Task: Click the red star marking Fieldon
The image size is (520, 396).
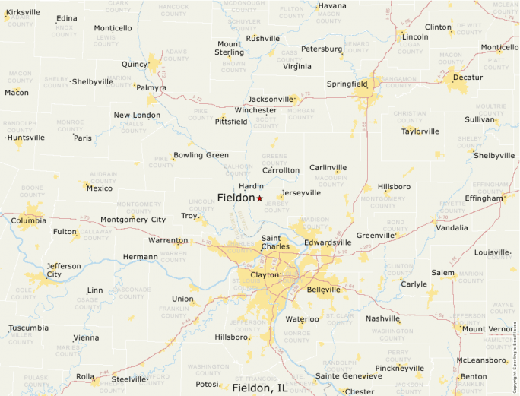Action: pos(259,198)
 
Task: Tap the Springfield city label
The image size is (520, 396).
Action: pos(347,84)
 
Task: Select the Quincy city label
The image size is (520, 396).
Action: pos(134,65)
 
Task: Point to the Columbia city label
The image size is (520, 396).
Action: pos(28,221)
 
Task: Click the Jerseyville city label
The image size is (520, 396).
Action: pos(300,193)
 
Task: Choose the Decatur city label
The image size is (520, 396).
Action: pos(468,78)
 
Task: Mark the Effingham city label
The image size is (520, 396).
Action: pos(484,198)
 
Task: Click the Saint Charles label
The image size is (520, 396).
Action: pos(274,242)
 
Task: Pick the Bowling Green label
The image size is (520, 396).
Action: pos(201,155)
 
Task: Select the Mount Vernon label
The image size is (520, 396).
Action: pos(488,329)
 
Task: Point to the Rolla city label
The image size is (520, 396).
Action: pos(85,376)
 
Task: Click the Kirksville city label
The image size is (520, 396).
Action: pos(23,13)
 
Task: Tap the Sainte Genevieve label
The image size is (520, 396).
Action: pos(349,375)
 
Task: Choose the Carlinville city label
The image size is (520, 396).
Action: pos(328,168)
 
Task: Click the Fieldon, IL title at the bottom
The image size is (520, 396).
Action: pos(260,388)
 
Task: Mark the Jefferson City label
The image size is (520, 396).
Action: pos(64,270)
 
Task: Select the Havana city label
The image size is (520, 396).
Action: pos(332,6)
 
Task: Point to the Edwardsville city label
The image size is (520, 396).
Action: pos(328,242)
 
